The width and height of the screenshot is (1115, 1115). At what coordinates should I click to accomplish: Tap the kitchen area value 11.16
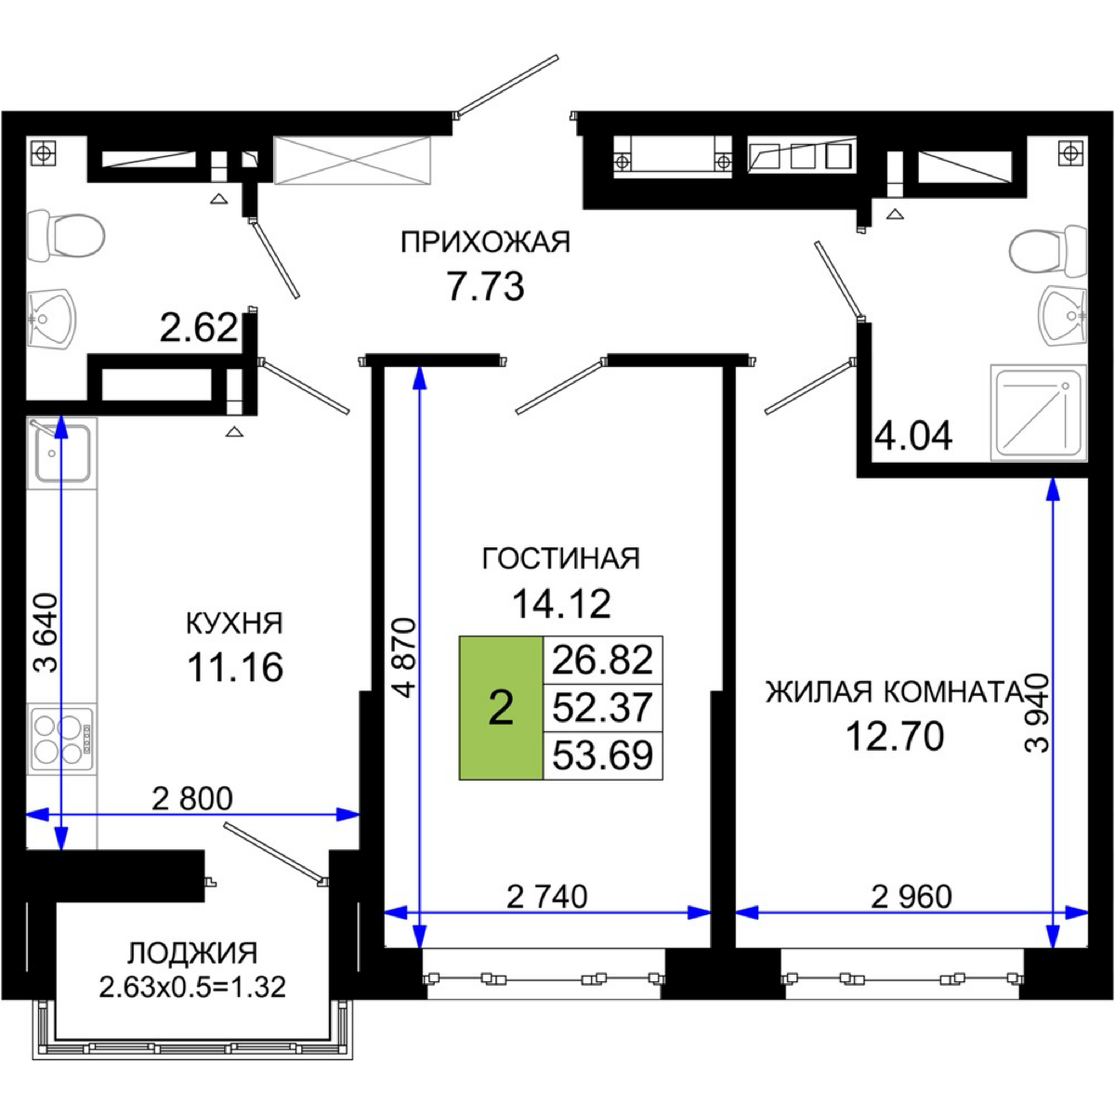[x=235, y=667]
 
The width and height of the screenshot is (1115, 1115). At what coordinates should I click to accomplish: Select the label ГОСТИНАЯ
[x=561, y=559]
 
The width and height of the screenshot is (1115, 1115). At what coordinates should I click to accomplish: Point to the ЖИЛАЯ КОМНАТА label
[x=896, y=692]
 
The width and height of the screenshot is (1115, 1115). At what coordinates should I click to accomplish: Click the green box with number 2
[x=501, y=708]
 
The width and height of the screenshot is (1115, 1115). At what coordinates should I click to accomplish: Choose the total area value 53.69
[x=602, y=755]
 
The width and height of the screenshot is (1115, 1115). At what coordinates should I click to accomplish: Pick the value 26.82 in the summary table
[x=602, y=661]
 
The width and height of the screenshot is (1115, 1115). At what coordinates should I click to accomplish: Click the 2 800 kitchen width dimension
[x=192, y=798]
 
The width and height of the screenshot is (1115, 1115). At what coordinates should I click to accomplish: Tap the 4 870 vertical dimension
[x=404, y=658]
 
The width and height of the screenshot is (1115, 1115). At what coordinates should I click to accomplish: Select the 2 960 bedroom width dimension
[x=912, y=897]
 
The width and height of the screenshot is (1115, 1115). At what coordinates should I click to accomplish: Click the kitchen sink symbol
[x=61, y=453]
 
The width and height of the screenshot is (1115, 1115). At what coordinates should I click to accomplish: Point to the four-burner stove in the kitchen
[x=61, y=739]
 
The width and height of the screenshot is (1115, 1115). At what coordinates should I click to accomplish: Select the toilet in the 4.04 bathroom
[x=1047, y=249]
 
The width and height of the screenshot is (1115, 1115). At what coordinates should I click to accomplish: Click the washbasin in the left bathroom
[x=51, y=320]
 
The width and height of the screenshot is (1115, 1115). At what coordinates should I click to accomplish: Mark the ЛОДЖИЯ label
[x=192, y=953]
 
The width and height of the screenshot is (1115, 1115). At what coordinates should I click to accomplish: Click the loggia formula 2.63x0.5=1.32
[x=192, y=987]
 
